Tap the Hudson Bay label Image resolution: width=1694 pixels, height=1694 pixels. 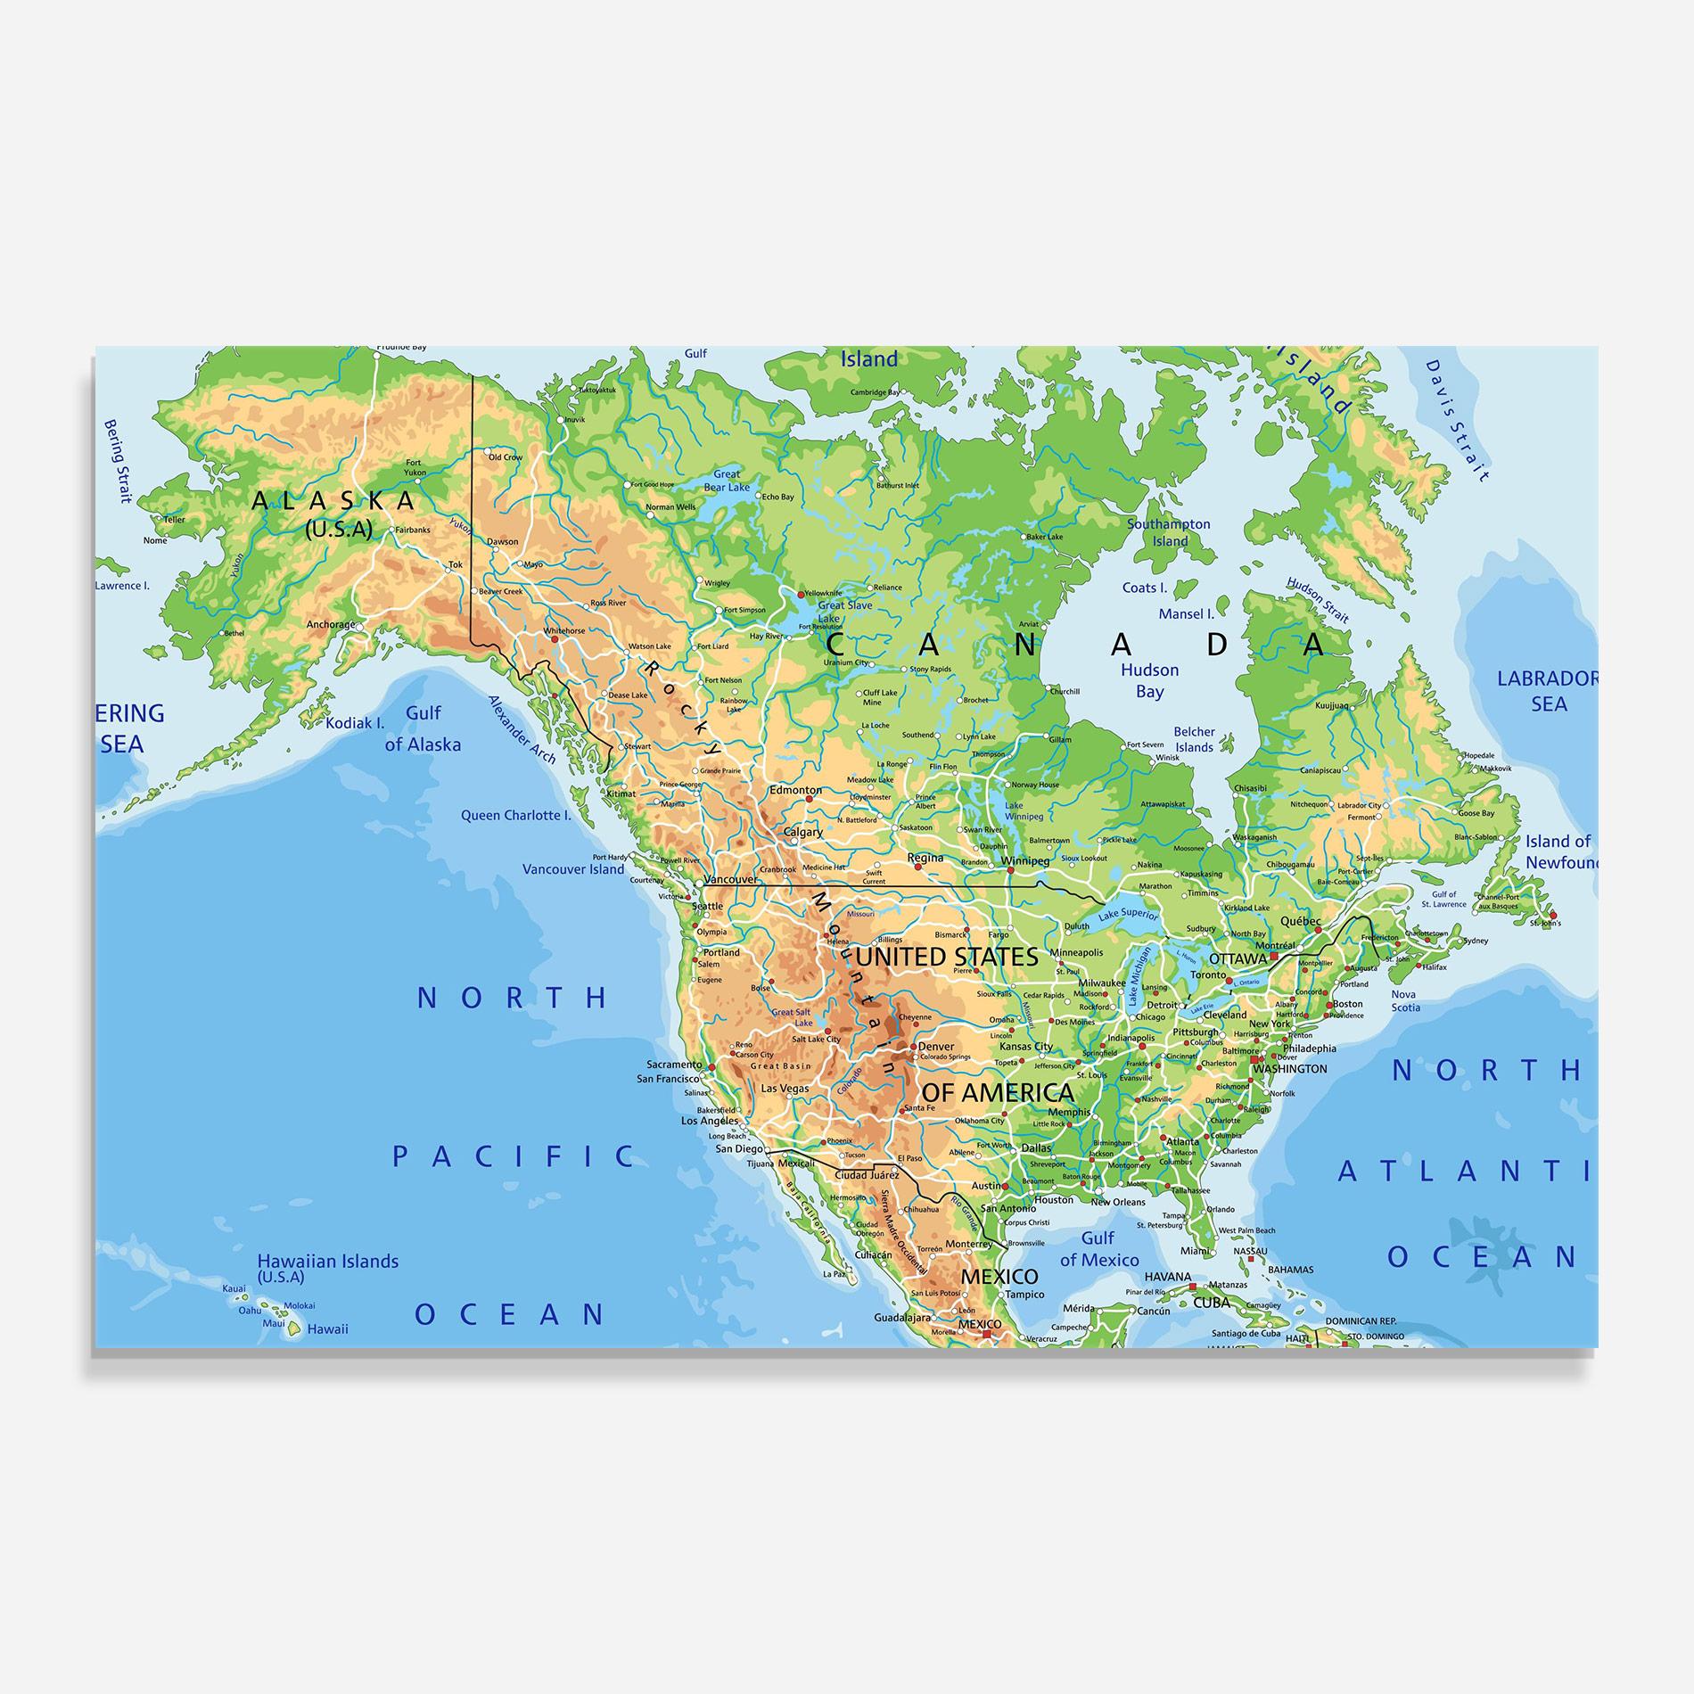point(1149,680)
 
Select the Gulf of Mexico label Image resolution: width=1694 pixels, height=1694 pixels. point(1098,1249)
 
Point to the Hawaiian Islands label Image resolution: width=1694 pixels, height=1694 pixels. point(327,1262)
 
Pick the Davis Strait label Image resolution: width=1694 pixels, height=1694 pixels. point(1457,419)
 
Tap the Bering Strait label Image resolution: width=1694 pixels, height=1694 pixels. point(118,461)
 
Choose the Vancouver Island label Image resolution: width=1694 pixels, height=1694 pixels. point(573,869)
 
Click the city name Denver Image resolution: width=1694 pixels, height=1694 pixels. point(935,1046)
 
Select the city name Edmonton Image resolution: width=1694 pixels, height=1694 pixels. point(795,790)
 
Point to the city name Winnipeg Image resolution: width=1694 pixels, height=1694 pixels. point(1025,861)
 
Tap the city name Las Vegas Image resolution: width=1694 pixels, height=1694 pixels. point(785,1089)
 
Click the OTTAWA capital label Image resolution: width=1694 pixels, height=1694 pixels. point(1238,958)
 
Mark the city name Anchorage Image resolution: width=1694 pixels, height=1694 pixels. point(330,624)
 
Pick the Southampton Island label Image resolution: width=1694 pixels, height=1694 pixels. point(1168,532)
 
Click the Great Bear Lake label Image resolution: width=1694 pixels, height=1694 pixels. point(727,481)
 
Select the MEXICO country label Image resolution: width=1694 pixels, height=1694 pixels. point(999,1276)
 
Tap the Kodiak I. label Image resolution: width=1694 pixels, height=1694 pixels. point(354,723)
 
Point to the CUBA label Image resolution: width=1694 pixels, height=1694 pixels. point(1211,1303)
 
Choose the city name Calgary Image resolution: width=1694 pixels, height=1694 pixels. point(802,833)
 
